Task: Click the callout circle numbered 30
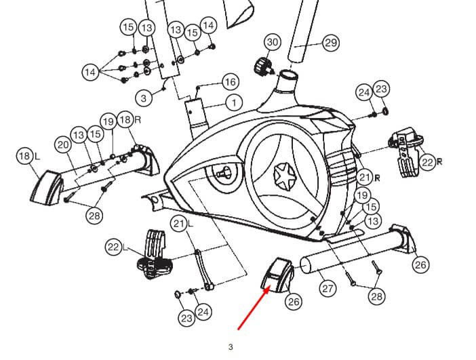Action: (x=272, y=42)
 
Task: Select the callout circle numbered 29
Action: (x=330, y=43)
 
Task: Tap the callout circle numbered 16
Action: (x=230, y=82)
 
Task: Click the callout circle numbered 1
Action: (x=233, y=103)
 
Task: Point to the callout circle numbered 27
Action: (x=328, y=288)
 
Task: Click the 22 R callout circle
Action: (x=427, y=161)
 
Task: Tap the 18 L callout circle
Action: (x=24, y=157)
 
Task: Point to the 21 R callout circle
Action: (x=365, y=178)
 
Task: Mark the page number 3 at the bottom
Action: (x=231, y=347)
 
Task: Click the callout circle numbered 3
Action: (x=143, y=98)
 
